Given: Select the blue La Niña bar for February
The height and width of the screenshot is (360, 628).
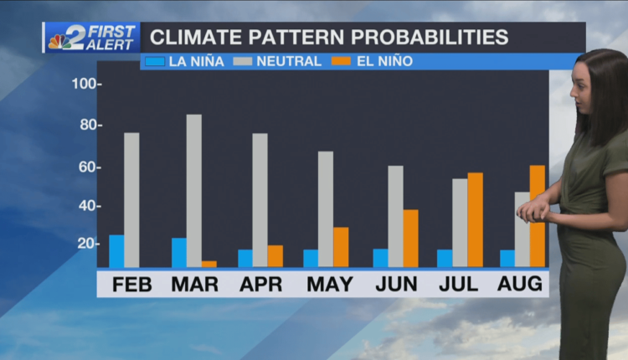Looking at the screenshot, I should (x=116, y=251).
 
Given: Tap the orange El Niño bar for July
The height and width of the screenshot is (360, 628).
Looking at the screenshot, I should (x=475, y=220).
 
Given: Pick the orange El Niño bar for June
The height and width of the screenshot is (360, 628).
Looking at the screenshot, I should (x=410, y=239).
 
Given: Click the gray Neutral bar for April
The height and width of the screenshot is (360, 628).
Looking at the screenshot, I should (x=260, y=200).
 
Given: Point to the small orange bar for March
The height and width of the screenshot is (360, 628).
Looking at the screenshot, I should (x=208, y=264).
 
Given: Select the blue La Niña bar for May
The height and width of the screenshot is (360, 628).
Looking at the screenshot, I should (x=311, y=258).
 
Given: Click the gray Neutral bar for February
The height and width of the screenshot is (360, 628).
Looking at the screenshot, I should (x=131, y=200).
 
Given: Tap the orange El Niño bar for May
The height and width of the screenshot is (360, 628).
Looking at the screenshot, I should (x=341, y=247).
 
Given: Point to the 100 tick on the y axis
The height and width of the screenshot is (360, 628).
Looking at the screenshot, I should (x=86, y=85).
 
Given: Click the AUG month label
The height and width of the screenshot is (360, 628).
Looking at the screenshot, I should (x=520, y=284).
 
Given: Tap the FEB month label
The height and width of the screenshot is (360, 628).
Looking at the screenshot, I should (x=131, y=284).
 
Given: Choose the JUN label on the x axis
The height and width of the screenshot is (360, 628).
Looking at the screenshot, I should (x=396, y=284).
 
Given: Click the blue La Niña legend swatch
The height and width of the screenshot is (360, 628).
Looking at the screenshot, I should (x=154, y=61).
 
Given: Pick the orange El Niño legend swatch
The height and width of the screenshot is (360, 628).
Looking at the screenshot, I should (x=340, y=61).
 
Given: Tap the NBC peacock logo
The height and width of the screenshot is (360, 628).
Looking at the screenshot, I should (x=60, y=39).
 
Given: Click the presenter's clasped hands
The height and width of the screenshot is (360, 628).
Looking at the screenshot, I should (x=533, y=211).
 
